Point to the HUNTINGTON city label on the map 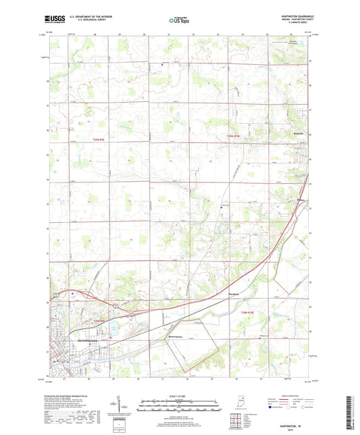pyautogui.click(x=88, y=340)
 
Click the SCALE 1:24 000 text pyautogui.click(x=180, y=396)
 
